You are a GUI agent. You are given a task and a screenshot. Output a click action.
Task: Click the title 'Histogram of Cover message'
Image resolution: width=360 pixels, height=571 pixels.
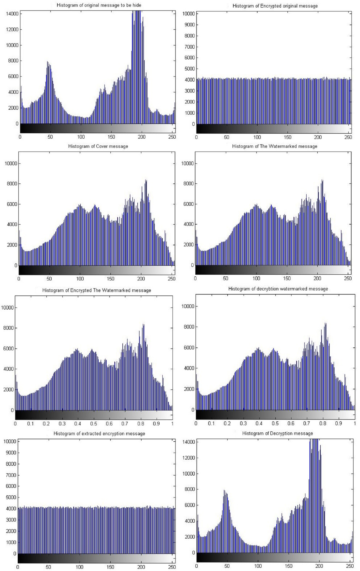point(98,147)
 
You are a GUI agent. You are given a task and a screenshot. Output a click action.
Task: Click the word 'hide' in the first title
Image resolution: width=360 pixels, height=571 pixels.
point(136,5)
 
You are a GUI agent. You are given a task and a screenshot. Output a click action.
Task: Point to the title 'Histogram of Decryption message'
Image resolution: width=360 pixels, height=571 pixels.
point(277,434)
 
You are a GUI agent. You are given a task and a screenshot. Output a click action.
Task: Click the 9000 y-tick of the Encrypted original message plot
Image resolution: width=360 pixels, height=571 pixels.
point(189,25)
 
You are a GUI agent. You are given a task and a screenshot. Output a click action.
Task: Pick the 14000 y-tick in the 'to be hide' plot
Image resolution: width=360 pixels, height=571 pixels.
point(12,14)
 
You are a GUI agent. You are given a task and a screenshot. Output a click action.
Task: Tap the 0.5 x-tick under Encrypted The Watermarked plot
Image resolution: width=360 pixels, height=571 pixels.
point(94,424)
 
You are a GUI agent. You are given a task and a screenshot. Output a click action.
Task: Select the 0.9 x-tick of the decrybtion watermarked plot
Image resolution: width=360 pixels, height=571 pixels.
point(338,423)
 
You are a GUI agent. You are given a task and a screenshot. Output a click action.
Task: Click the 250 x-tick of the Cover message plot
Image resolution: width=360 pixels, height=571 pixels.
point(172,279)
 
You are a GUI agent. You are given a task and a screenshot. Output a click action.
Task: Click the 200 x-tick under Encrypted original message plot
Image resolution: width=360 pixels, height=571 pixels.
point(318,137)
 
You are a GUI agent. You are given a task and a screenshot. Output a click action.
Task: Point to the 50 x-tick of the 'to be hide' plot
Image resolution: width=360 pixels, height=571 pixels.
point(50,137)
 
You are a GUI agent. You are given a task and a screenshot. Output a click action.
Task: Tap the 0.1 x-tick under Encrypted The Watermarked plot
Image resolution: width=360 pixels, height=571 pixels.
point(31,424)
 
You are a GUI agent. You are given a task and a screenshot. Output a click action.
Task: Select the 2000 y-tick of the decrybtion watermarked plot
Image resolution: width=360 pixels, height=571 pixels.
point(189,389)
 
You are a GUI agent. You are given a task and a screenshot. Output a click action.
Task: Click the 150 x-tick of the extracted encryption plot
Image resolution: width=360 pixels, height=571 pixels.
point(110,567)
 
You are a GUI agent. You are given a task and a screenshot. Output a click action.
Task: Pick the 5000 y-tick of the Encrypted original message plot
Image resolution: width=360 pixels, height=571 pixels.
point(189,69)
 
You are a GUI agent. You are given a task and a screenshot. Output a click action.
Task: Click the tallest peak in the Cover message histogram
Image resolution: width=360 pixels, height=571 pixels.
point(146,180)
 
